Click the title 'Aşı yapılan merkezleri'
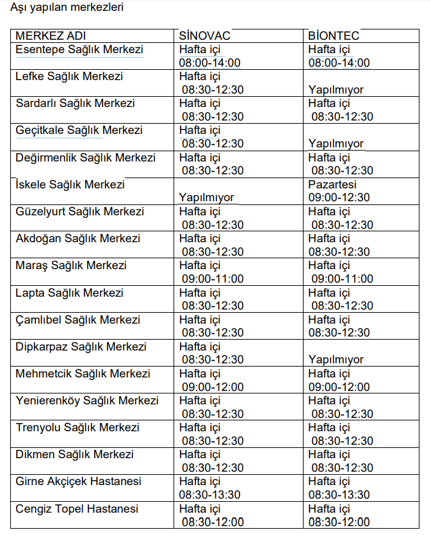(x=63, y=8)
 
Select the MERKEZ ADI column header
(x=51, y=35)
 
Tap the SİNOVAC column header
(x=204, y=35)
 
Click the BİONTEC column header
(x=334, y=35)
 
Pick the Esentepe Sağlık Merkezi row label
(x=79, y=49)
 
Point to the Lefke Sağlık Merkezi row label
(x=69, y=76)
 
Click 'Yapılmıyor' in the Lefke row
(x=336, y=90)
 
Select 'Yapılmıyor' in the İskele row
(x=207, y=197)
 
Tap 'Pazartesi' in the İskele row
(x=332, y=185)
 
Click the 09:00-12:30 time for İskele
(x=339, y=197)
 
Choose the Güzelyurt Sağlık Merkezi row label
(x=80, y=211)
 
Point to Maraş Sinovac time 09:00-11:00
(x=213, y=279)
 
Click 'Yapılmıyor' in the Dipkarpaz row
(x=336, y=360)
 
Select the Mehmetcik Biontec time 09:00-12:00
(x=339, y=386)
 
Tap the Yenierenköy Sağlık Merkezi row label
(x=87, y=401)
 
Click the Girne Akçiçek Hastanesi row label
(x=79, y=481)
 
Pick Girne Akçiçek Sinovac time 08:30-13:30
(x=210, y=495)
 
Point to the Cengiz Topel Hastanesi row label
(x=77, y=509)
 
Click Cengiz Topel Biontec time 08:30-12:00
(x=339, y=522)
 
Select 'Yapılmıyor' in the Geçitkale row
(x=336, y=144)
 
